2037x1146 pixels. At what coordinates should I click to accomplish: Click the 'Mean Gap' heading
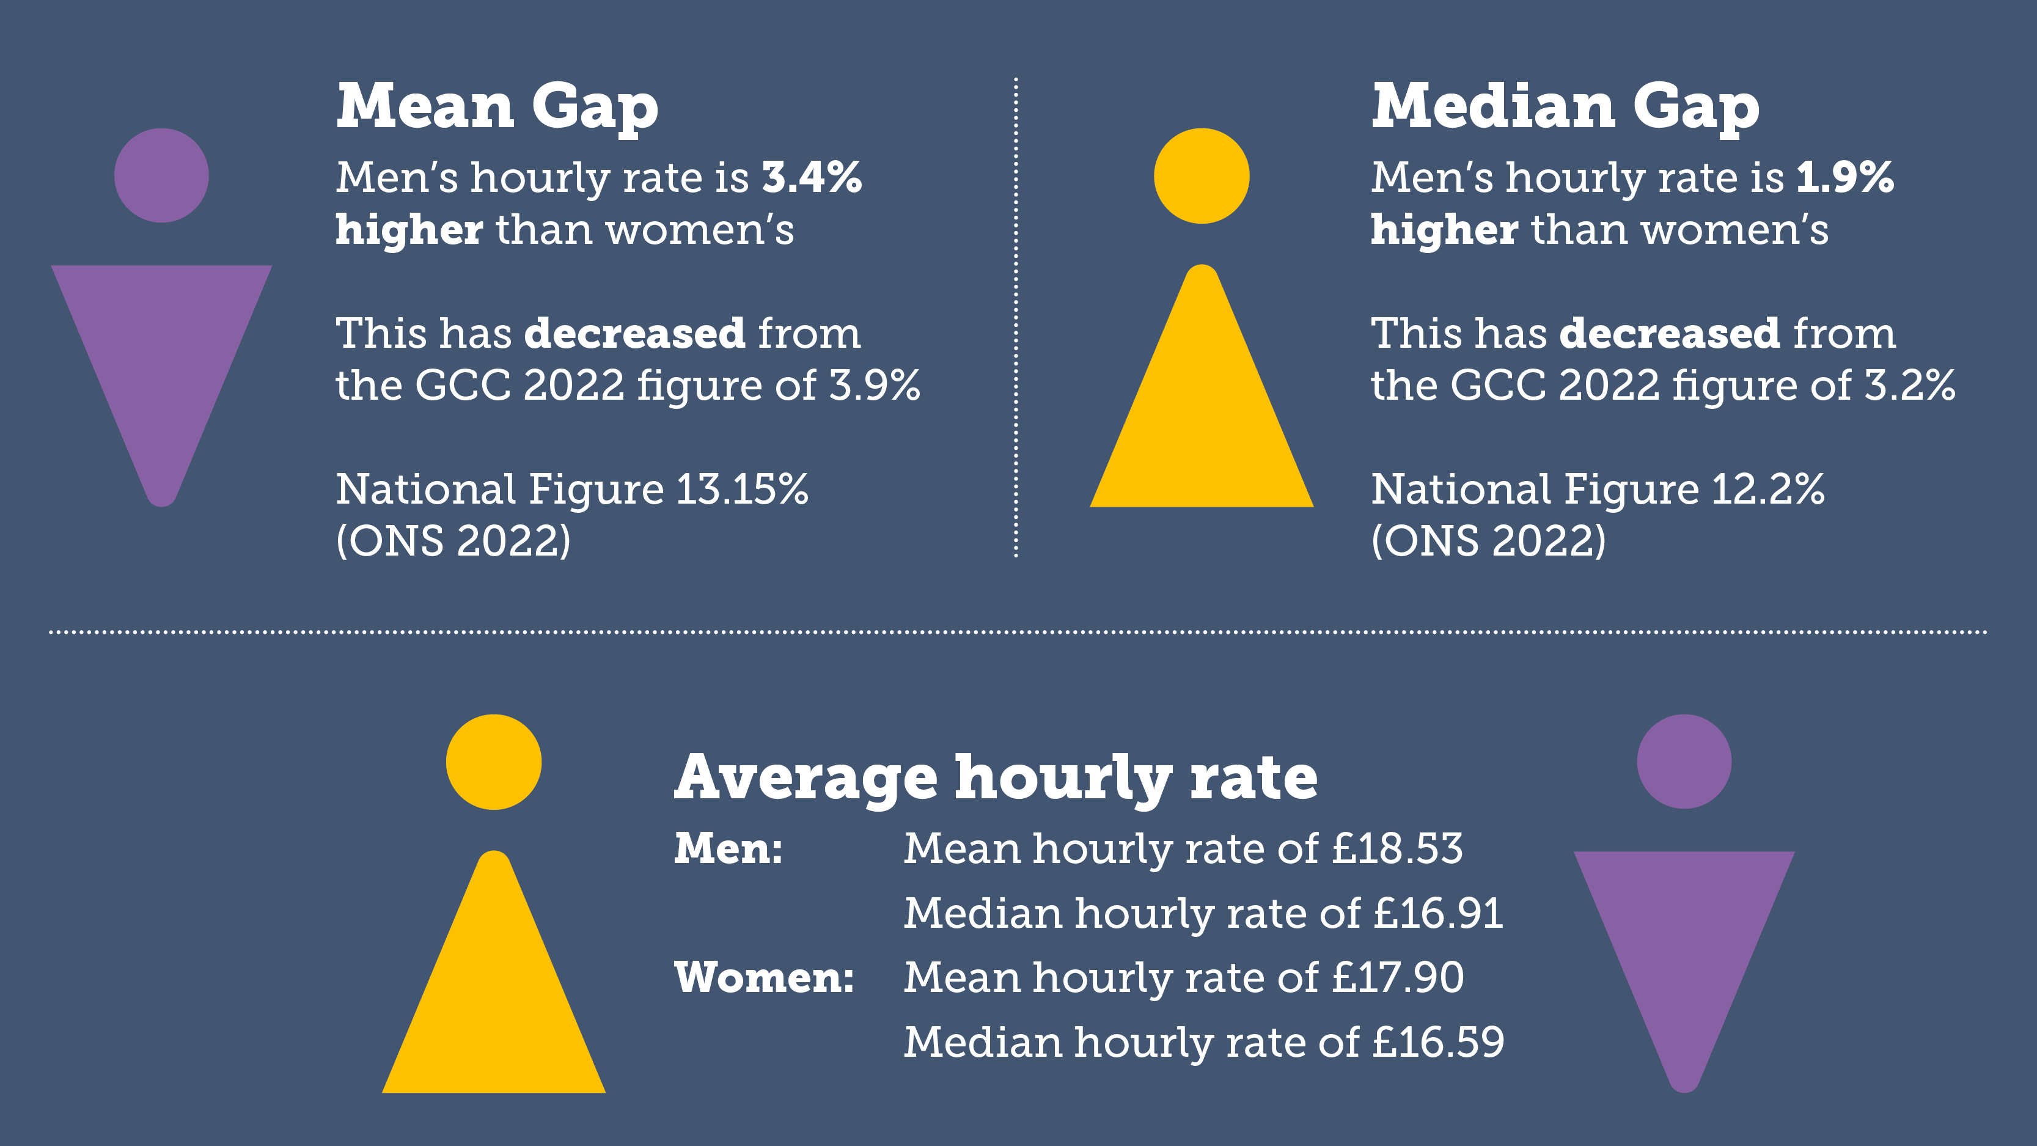(x=497, y=108)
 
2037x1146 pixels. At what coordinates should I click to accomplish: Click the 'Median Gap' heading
(x=1565, y=108)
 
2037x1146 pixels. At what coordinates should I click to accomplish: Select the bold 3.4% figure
(x=812, y=177)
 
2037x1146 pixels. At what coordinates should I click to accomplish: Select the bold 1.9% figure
(x=1845, y=177)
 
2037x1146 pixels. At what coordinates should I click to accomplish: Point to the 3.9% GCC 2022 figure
(x=875, y=386)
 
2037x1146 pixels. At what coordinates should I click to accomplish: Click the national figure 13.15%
(x=742, y=490)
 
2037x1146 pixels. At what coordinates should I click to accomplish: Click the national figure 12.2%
(x=1768, y=490)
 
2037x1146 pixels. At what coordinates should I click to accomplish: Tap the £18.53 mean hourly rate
(x=1397, y=848)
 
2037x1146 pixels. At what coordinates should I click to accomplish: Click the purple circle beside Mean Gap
(x=161, y=175)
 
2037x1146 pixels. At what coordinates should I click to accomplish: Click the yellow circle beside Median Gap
(x=1201, y=175)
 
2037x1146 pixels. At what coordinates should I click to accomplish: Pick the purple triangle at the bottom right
(x=1684, y=941)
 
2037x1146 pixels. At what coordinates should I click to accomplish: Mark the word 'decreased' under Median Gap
(x=1669, y=334)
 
